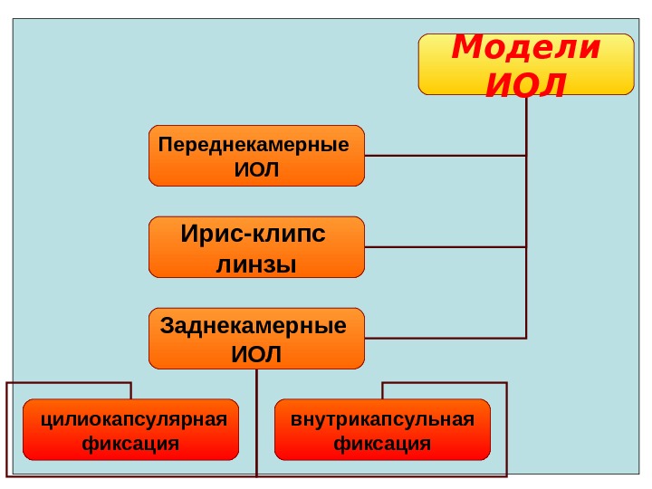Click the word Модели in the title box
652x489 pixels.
coord(525,47)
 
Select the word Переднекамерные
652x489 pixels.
coord(254,145)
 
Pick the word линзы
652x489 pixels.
coord(257,264)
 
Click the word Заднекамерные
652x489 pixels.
coord(254,326)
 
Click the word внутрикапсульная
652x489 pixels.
coord(382,419)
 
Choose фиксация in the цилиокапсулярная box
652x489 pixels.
coord(130,445)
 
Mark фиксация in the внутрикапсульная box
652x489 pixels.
coord(382,445)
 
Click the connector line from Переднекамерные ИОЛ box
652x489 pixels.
coord(444,156)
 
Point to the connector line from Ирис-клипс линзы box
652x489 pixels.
coord(444,246)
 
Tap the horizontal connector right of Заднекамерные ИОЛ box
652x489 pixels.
coord(444,338)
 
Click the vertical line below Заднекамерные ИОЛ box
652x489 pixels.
coord(257,417)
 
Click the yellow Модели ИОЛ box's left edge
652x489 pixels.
coord(419,63)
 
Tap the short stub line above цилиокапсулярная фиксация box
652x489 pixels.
coord(131,390)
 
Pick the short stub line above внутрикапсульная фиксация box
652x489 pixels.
coord(382,390)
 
